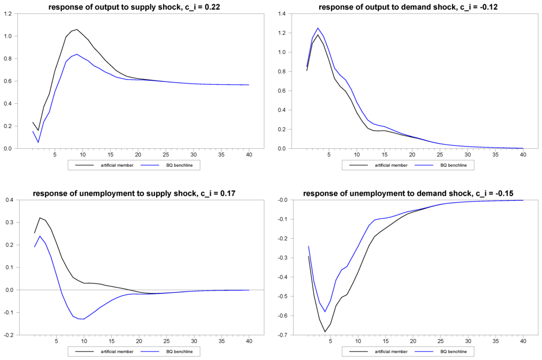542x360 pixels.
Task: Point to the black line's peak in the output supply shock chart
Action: tap(77, 30)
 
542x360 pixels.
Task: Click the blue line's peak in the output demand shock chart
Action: tap(318, 28)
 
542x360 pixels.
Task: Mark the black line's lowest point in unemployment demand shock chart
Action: tap(325, 331)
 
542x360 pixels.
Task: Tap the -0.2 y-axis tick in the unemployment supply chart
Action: tap(9, 335)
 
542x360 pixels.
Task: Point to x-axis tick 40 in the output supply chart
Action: tap(248, 155)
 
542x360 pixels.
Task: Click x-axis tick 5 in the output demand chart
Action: tap(329, 155)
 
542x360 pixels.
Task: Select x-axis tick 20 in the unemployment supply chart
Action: tap(138, 341)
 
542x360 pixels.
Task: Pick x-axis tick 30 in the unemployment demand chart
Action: tap(468, 341)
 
